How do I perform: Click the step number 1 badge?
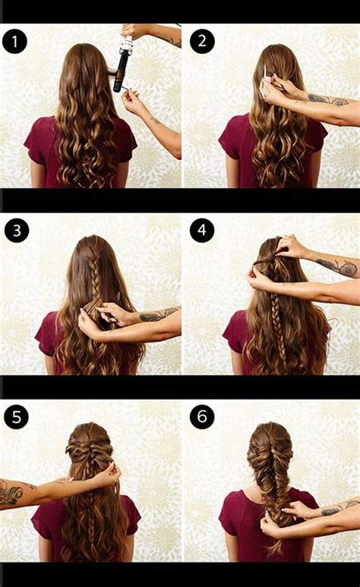tap(14, 41)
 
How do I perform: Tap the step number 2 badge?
tap(202, 41)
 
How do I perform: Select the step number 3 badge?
tap(17, 230)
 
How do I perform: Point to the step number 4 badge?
tap(202, 229)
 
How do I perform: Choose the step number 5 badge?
tap(16, 417)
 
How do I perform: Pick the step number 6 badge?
tap(202, 416)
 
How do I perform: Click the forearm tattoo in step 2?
tap(328, 100)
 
